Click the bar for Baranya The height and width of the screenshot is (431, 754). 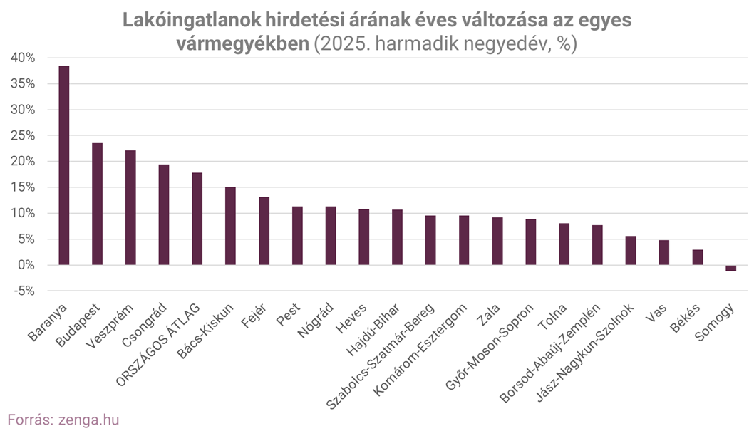pyautogui.click(x=63, y=165)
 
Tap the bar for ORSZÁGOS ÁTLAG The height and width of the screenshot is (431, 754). pyautogui.click(x=197, y=219)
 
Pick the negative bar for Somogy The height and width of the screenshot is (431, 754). pyautogui.click(x=730, y=268)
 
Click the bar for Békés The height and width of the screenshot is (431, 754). pyautogui.click(x=697, y=257)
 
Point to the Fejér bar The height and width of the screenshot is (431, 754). pyautogui.click(x=264, y=231)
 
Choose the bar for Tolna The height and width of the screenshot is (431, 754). pyautogui.click(x=564, y=244)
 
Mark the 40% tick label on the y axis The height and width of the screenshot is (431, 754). pyautogui.click(x=22, y=58)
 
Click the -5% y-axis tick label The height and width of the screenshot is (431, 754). pyautogui.click(x=22, y=291)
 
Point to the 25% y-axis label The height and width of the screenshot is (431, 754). pyautogui.click(x=22, y=135)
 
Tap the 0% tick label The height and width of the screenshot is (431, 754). pyautogui.click(x=26, y=265)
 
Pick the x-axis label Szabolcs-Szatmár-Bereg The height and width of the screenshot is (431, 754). pyautogui.click(x=381, y=355)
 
